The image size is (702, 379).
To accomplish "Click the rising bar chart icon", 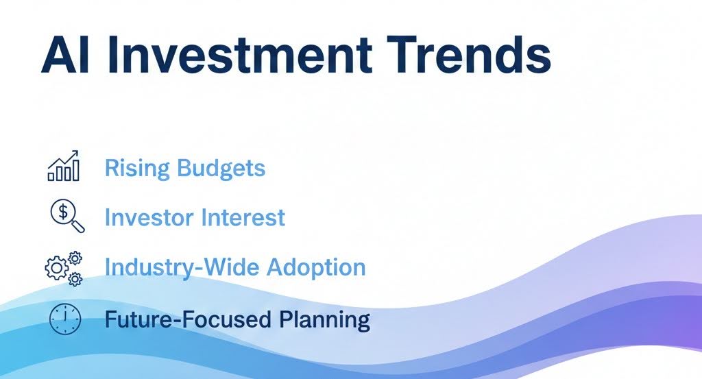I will coord(63,166).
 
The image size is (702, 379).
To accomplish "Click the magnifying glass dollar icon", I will coord(66,216).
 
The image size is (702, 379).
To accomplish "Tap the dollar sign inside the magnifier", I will coord(63,212).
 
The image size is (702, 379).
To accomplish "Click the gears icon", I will coord(64,267).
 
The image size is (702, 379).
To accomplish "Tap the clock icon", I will coord(64,319).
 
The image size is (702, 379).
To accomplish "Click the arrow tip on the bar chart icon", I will coord(77,153).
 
